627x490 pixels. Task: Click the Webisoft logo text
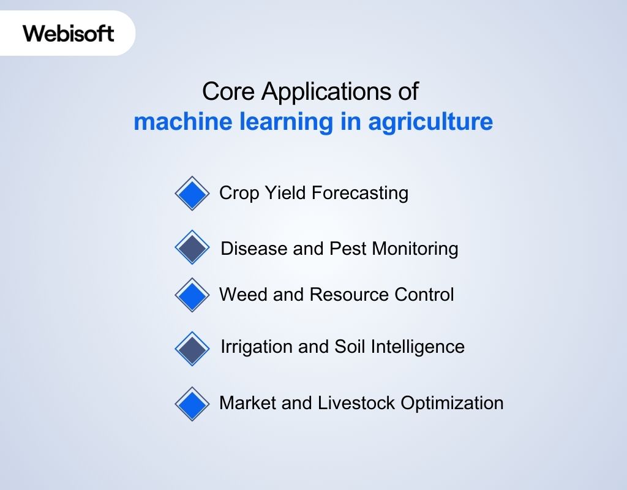pos(69,32)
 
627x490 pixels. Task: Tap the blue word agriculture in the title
pos(430,121)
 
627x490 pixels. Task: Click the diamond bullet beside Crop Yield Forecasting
pos(192,194)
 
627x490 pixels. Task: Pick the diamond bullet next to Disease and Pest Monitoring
pos(192,247)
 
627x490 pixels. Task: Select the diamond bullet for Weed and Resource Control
pos(192,295)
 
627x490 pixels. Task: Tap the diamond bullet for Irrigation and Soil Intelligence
pos(192,349)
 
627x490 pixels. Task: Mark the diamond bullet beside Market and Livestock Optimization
pos(192,404)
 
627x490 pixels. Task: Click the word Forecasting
pos(360,194)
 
